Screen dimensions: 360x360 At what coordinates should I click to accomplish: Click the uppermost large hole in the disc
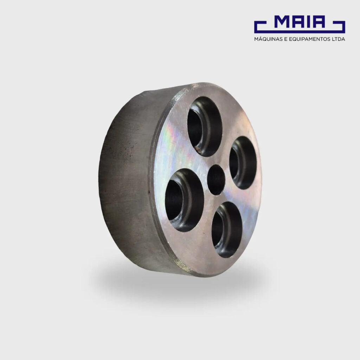coord(205,127)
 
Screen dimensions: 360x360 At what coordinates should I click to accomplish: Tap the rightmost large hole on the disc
coord(243,163)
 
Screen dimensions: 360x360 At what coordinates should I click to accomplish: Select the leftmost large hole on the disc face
coord(184,200)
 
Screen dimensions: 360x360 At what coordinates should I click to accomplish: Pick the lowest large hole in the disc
coord(227,230)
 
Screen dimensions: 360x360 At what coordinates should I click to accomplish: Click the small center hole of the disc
coord(216,180)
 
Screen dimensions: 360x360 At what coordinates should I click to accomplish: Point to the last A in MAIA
coord(318,22)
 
